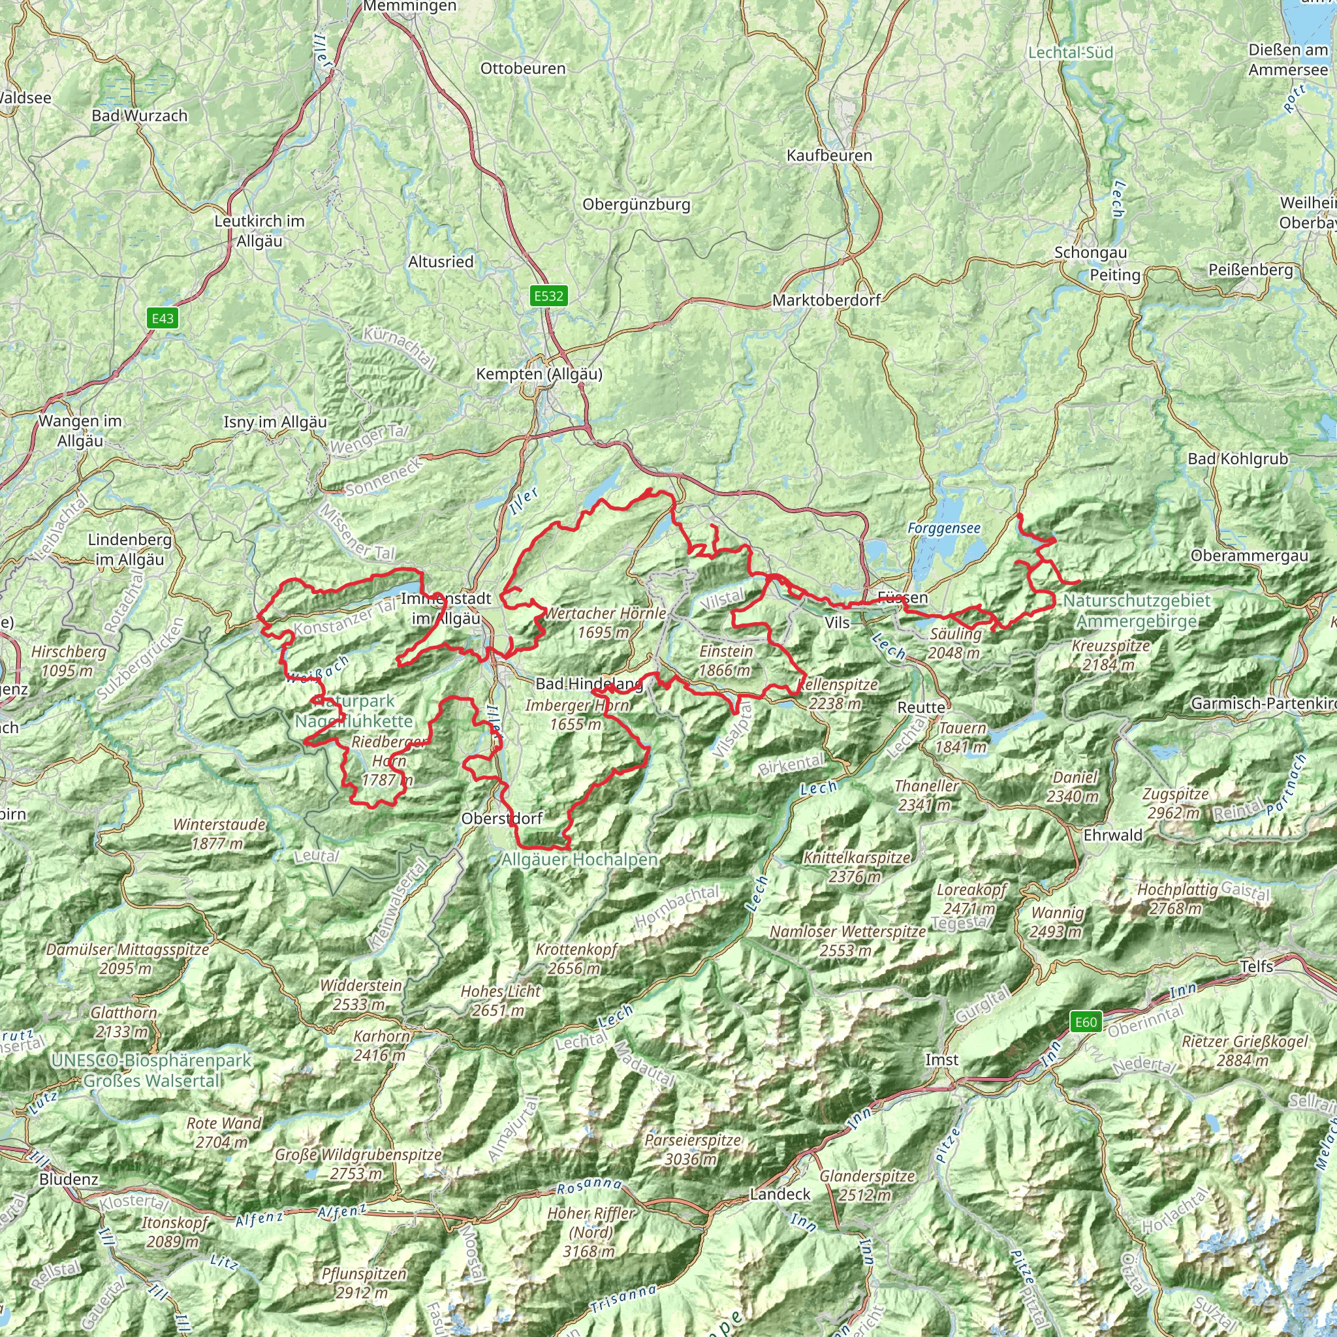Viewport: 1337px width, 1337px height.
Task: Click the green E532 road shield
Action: click(548, 296)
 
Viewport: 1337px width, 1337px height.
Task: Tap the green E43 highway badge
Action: click(163, 319)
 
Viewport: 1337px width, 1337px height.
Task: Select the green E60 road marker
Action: click(1085, 1022)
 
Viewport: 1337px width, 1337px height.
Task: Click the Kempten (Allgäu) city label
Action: click(539, 374)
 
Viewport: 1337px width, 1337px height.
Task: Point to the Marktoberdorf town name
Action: click(826, 300)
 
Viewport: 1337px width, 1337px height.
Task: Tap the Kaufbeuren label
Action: click(829, 156)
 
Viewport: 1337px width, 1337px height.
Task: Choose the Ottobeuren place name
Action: click(522, 69)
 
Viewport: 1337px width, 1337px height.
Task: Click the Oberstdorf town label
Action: click(502, 819)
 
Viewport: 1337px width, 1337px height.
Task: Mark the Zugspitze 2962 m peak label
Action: click(1175, 804)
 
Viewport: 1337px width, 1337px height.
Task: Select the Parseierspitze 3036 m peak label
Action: click(693, 1150)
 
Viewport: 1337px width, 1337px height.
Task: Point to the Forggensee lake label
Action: click(944, 529)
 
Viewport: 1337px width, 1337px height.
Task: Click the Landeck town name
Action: click(780, 1195)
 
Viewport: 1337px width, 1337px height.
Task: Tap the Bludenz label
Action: click(69, 1179)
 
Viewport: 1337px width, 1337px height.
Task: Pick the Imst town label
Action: click(942, 1060)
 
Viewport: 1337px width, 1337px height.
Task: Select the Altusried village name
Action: click(441, 262)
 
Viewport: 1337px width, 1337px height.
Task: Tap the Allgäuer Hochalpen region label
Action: click(579, 860)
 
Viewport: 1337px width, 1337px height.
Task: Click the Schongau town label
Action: click(1090, 253)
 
